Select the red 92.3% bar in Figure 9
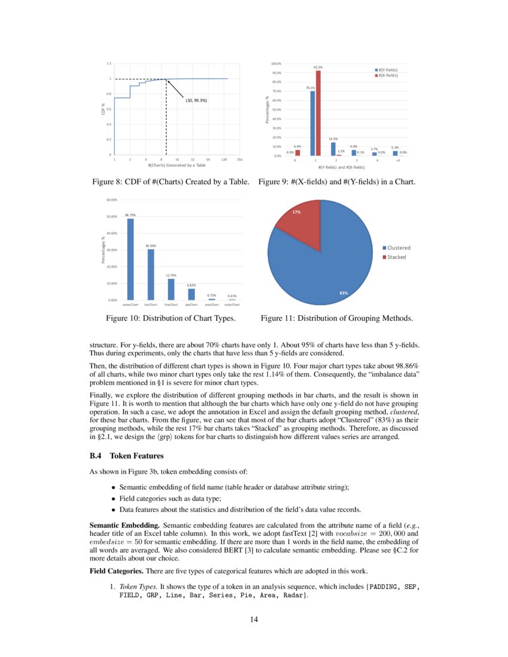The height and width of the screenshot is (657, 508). tap(318, 113)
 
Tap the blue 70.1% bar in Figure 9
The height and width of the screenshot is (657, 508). tap(312, 123)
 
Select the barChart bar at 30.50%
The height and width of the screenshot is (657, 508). tap(151, 274)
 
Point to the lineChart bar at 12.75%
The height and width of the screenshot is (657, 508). tap(171, 289)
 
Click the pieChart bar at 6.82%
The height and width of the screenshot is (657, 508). tap(191, 294)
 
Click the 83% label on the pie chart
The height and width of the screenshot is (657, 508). tap(344, 293)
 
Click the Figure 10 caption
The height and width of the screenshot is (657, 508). tap(170, 318)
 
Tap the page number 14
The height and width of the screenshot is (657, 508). tap(254, 619)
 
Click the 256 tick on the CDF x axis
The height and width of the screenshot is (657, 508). tap(239, 160)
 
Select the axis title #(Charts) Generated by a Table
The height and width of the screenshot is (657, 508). tap(176, 165)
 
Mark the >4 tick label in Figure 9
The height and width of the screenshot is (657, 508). tap(397, 161)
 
